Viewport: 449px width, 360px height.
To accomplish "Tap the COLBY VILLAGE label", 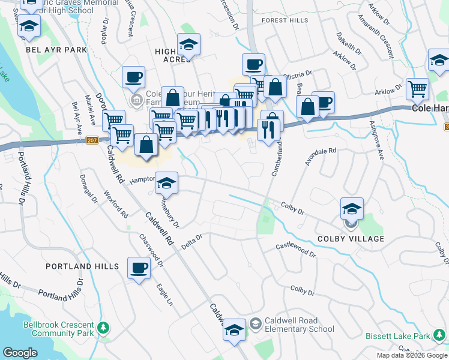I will point(351,239).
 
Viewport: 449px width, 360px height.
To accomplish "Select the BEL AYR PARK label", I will point(56,50).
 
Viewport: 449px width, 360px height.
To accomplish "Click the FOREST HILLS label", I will point(285,20).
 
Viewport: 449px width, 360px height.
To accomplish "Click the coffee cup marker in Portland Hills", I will point(139,268).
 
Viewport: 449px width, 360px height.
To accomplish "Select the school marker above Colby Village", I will point(352,209).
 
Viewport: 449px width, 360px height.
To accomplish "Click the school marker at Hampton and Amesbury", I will point(166,183).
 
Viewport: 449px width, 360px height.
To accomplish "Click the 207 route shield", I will point(91,140).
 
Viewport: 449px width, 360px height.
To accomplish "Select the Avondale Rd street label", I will point(321,157).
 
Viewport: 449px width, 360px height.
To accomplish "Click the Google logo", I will point(20,353).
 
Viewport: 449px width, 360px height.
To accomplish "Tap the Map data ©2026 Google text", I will point(412,355).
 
